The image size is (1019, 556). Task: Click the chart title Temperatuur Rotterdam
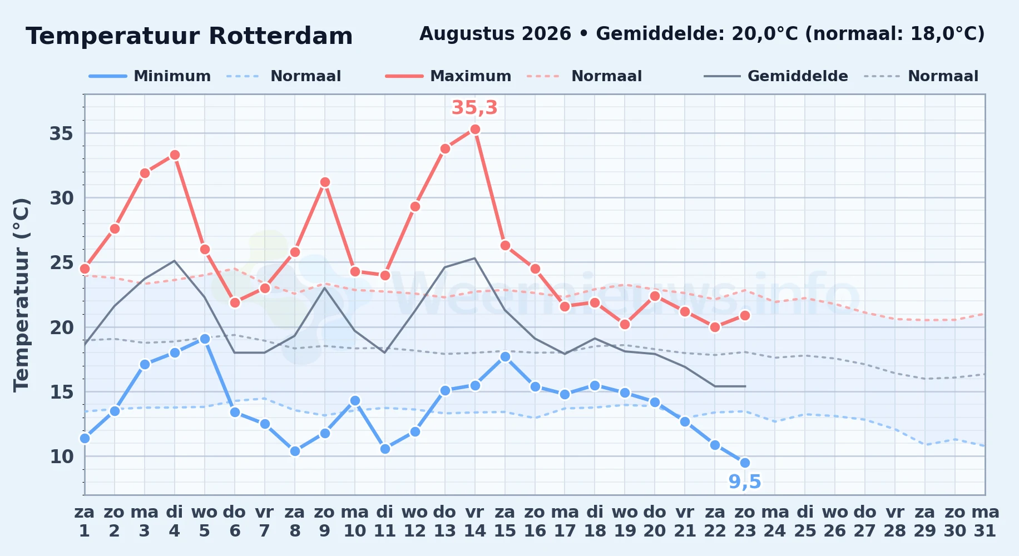click(x=189, y=36)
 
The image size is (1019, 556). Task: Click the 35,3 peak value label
click(x=474, y=108)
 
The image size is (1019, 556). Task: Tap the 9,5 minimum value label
click(x=745, y=482)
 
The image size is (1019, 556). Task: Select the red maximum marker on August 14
click(x=475, y=130)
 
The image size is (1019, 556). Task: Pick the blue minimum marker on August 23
click(x=745, y=463)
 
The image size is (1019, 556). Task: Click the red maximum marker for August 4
click(x=175, y=155)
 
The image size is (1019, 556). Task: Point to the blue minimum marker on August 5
click(x=205, y=339)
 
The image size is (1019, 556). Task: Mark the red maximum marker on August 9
click(x=325, y=182)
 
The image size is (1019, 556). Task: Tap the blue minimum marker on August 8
click(x=295, y=451)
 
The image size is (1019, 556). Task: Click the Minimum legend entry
click(x=150, y=76)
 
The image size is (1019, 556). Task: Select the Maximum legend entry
click(x=449, y=76)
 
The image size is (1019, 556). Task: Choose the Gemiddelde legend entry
click(x=776, y=76)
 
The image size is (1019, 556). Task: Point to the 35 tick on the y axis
click(x=62, y=133)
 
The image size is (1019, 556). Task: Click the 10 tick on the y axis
click(x=62, y=456)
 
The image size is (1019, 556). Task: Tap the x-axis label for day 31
click(x=985, y=522)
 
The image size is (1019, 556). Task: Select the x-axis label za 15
click(x=505, y=522)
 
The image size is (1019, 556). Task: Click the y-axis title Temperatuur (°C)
click(x=21, y=295)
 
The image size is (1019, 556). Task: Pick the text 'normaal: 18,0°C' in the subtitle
click(x=895, y=34)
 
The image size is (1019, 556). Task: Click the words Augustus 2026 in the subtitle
click(x=495, y=34)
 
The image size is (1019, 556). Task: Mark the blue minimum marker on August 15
click(x=505, y=356)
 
